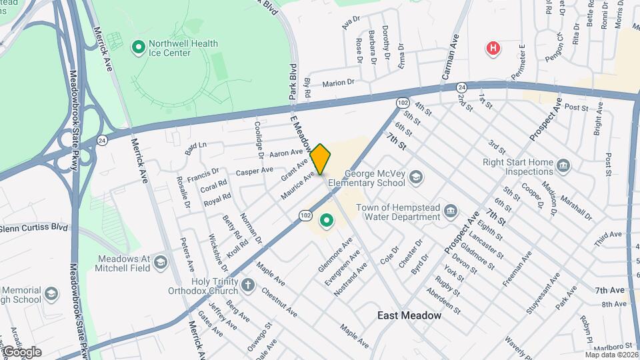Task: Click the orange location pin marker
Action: [321, 159]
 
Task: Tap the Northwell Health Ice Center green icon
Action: [139, 47]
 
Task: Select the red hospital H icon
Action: [493, 48]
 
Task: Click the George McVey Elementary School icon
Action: [416, 177]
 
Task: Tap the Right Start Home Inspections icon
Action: [563, 165]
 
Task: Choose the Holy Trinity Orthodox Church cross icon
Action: [248, 286]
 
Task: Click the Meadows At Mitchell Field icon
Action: [160, 262]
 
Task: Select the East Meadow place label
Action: [409, 315]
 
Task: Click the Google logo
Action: [22, 351]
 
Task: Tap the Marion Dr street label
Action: [338, 83]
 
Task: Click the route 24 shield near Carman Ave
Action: [461, 87]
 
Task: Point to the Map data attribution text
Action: [611, 355]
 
